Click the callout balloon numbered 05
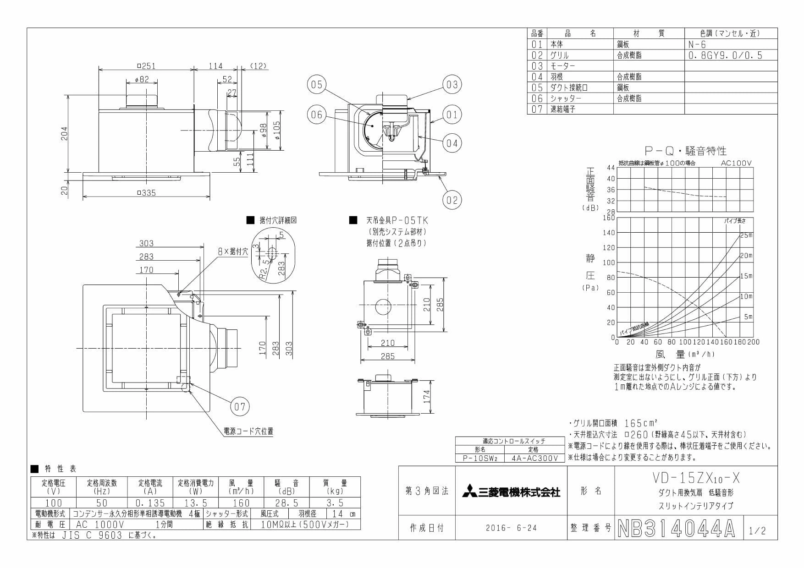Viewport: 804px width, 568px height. click(x=317, y=85)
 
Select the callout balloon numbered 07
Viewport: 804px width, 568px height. click(x=240, y=406)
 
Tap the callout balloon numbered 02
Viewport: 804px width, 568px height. click(x=452, y=200)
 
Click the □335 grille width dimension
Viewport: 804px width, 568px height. click(x=146, y=193)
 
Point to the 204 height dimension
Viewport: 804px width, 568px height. click(x=65, y=134)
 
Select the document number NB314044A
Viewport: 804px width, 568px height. click(x=676, y=529)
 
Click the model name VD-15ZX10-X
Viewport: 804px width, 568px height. click(x=695, y=479)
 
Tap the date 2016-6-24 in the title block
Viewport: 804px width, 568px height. click(x=511, y=528)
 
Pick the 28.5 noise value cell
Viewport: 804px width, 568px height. click(x=287, y=503)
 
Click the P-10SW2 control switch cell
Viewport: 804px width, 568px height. click(x=479, y=458)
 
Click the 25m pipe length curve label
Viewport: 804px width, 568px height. click(x=746, y=235)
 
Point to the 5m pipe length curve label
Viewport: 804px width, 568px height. click(x=748, y=317)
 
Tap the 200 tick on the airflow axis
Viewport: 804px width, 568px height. click(x=753, y=342)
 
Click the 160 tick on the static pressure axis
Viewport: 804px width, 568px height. click(x=608, y=218)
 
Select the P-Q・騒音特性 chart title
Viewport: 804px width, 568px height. click(x=685, y=151)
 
